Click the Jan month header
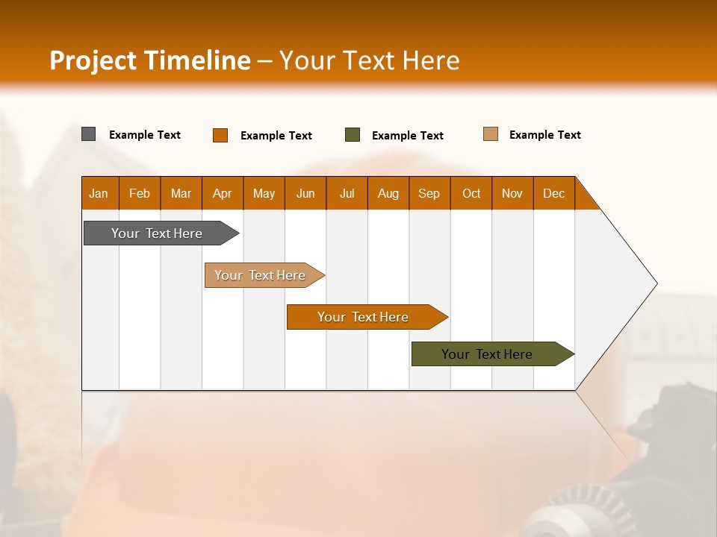[x=99, y=193]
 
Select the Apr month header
[x=222, y=193]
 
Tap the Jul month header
[x=347, y=193]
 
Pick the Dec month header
[x=553, y=193]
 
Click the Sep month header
[x=429, y=193]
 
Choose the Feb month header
[x=140, y=193]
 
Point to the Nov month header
[x=512, y=193]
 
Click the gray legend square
[x=89, y=134]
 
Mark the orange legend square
[x=220, y=135]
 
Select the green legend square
[x=353, y=135]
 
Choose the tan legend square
[x=491, y=134]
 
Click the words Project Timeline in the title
[x=149, y=60]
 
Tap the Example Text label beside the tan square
[x=544, y=135]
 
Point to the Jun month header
[x=305, y=193]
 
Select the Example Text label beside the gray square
[x=144, y=135]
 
